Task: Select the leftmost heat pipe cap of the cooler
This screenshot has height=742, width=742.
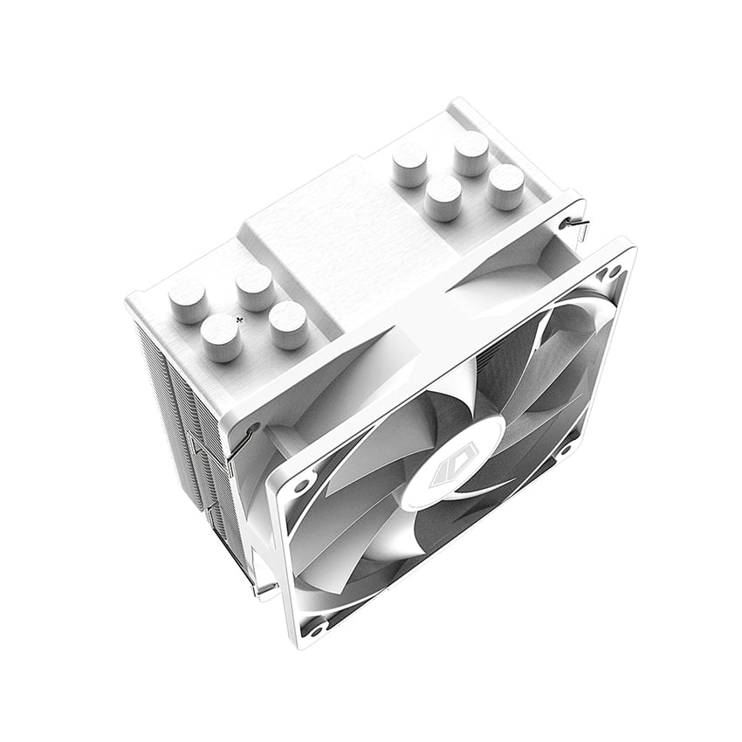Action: point(187,299)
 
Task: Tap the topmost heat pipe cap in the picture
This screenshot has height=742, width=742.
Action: point(471,152)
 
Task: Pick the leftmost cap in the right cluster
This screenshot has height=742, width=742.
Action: point(409,163)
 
